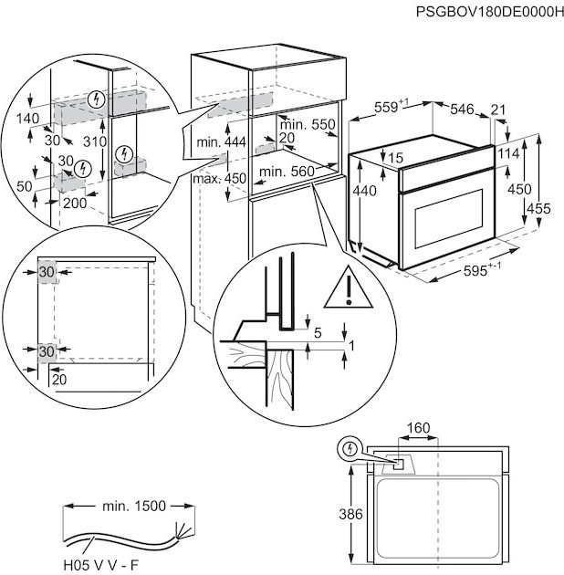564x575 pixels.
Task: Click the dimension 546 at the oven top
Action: click(x=461, y=110)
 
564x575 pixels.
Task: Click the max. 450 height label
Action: click(x=220, y=178)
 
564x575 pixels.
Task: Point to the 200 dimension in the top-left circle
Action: click(x=75, y=203)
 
